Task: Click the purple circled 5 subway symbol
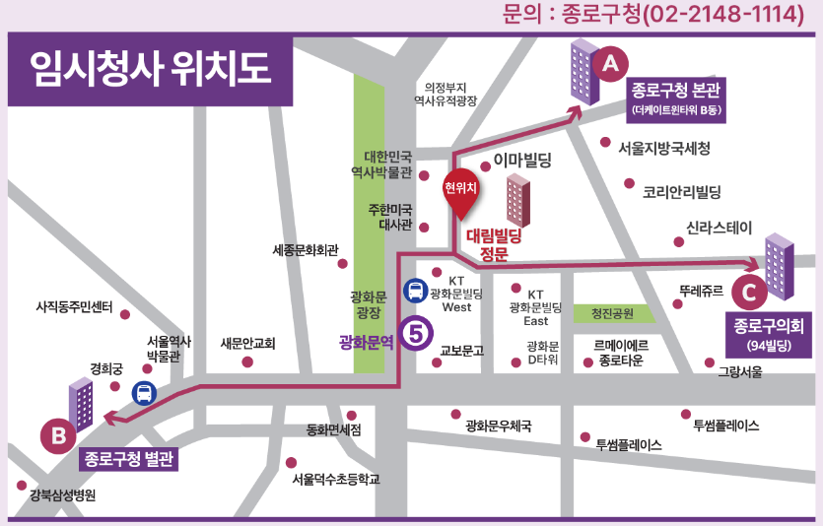[x=416, y=333]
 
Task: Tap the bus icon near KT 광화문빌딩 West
[x=416, y=291]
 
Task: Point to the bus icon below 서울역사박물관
[x=144, y=393]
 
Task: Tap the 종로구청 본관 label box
[x=677, y=99]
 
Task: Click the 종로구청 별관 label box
[x=128, y=458]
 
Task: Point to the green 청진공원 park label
[x=612, y=314]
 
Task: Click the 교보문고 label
[x=461, y=350]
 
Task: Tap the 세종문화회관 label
[x=305, y=250]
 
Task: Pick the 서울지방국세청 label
[x=663, y=149]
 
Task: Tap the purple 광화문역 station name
[x=366, y=343]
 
